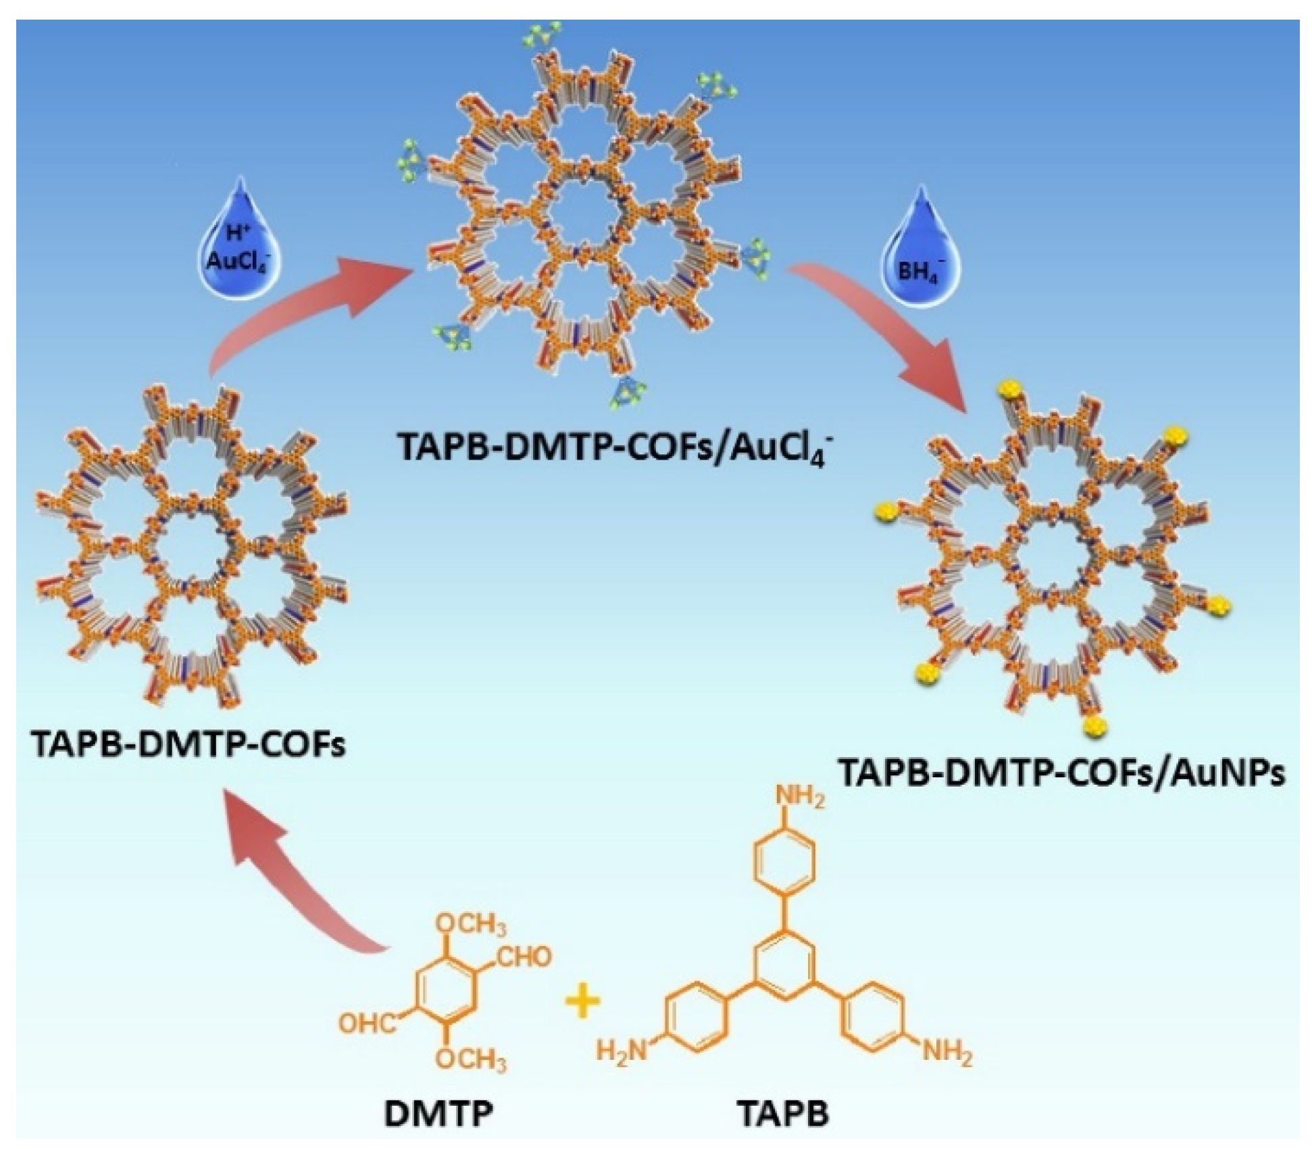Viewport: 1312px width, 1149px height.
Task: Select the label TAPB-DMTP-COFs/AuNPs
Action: [x=1061, y=773]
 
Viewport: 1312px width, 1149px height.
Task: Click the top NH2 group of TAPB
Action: [x=801, y=798]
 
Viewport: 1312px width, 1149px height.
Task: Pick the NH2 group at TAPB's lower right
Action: [x=947, y=1053]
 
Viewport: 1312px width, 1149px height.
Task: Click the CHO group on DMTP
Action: [x=524, y=957]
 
